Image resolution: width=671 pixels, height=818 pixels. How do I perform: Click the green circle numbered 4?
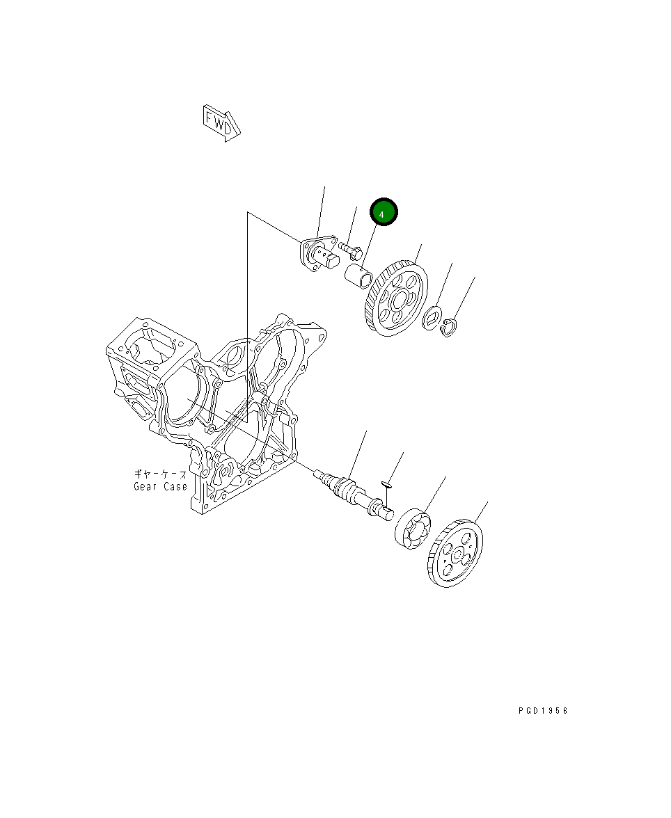[x=384, y=212]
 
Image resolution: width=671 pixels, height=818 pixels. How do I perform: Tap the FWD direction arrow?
[x=221, y=123]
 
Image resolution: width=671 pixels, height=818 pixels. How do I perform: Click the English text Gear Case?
[x=160, y=487]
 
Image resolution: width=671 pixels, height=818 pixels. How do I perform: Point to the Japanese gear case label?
[x=160, y=474]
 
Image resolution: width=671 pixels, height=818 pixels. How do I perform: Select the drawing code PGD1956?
[x=543, y=711]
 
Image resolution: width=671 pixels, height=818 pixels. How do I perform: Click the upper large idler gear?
[x=396, y=298]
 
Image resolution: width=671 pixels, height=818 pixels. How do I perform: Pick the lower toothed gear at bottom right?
[x=455, y=554]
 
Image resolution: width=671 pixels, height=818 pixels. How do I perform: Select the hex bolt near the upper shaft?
[x=351, y=250]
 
